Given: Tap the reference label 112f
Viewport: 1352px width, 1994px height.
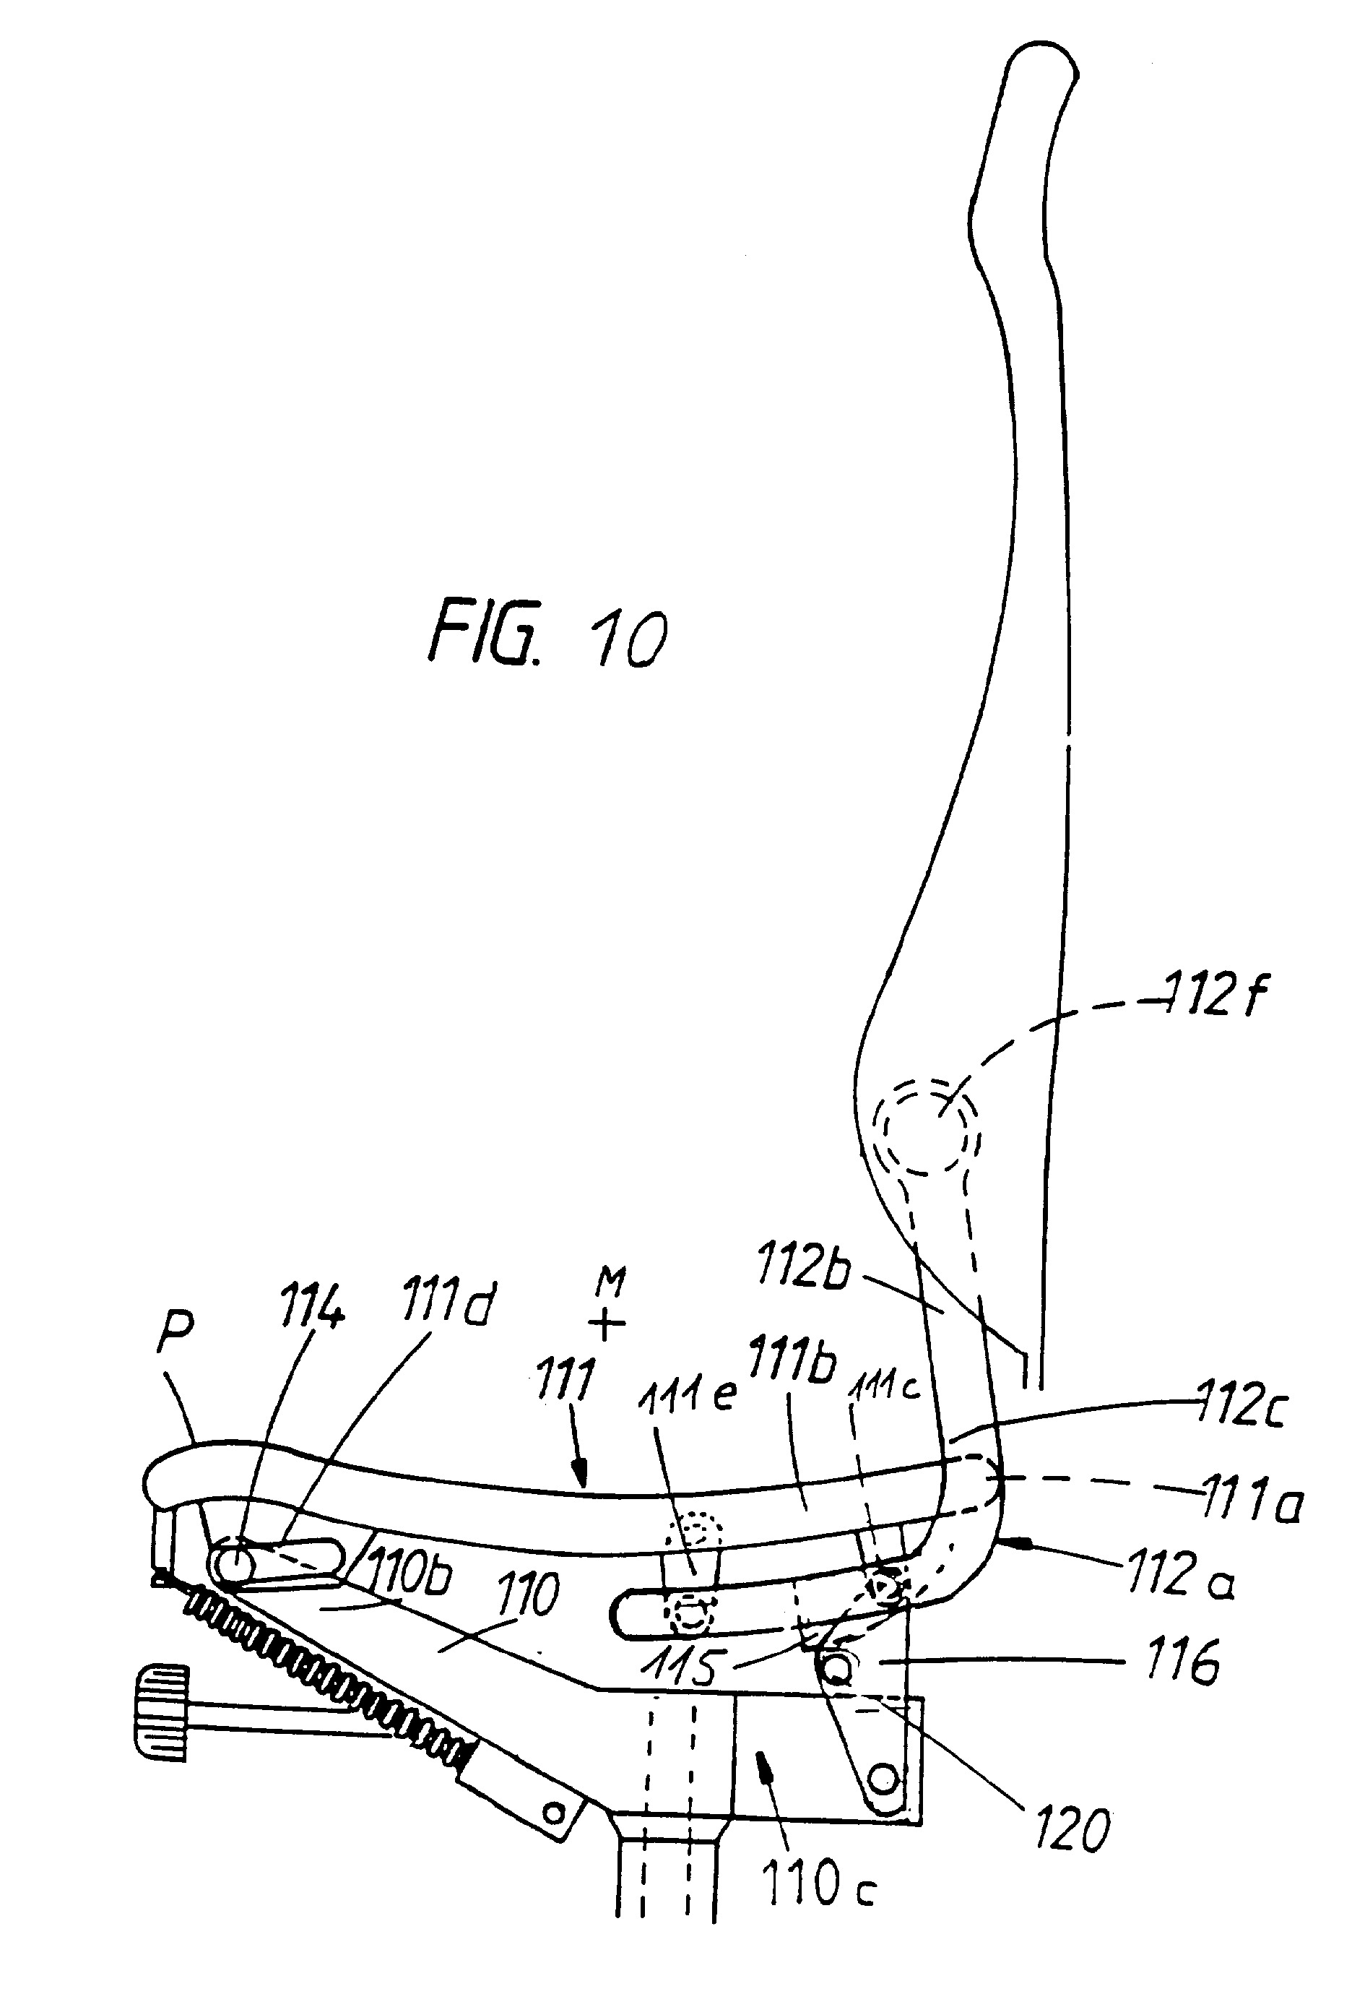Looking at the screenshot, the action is [1215, 996].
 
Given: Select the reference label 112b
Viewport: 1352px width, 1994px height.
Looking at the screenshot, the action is [803, 1267].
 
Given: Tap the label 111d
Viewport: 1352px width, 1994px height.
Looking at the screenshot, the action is [446, 1308].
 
